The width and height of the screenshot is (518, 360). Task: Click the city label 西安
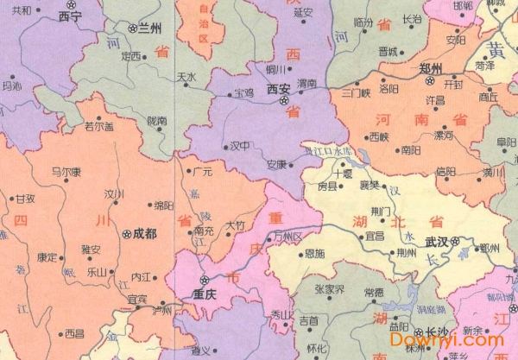(x=278, y=89)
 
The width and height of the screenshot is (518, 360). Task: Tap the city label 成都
(x=144, y=233)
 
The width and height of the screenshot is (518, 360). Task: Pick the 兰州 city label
(x=149, y=28)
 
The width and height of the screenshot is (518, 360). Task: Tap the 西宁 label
(x=68, y=16)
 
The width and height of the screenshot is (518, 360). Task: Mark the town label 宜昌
(x=375, y=235)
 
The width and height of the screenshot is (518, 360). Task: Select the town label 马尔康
(x=66, y=171)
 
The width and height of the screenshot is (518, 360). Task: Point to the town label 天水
(x=186, y=76)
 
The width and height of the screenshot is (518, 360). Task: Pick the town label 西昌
(x=75, y=332)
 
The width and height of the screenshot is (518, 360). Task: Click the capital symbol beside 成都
(x=128, y=233)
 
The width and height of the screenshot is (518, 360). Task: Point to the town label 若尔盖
(x=98, y=125)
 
